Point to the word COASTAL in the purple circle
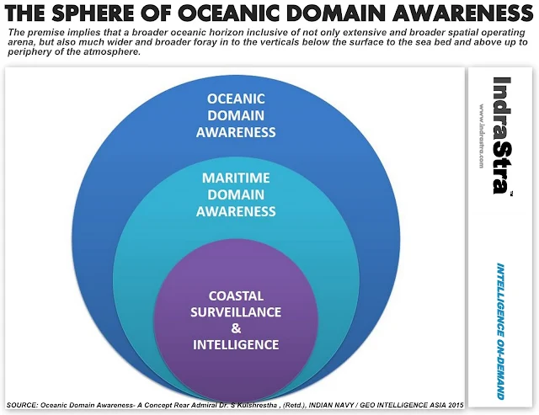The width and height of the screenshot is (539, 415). (236, 295)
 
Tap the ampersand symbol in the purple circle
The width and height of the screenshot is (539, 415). (236, 328)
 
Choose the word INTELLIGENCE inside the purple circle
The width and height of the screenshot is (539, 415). (236, 344)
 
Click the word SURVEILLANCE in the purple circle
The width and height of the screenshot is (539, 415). (236, 311)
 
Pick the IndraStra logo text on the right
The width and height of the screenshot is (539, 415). (504, 136)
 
